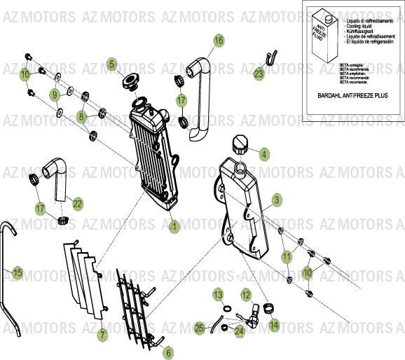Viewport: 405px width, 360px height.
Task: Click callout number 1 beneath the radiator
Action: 174,226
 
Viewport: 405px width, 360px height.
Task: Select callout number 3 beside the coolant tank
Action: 276,200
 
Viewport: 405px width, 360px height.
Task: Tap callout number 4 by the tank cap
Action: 263,154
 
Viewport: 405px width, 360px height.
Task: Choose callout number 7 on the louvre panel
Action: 102,335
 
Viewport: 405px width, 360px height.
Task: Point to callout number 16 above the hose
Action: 219,41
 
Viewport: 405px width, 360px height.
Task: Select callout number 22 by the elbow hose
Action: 77,204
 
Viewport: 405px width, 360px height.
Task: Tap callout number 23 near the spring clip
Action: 259,73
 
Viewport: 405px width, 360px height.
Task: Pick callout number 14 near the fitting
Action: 273,324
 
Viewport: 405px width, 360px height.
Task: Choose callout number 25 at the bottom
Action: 200,327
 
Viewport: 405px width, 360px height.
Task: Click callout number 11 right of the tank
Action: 286,257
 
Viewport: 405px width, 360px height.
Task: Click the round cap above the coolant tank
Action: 240,146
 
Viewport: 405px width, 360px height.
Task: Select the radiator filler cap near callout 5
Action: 130,83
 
